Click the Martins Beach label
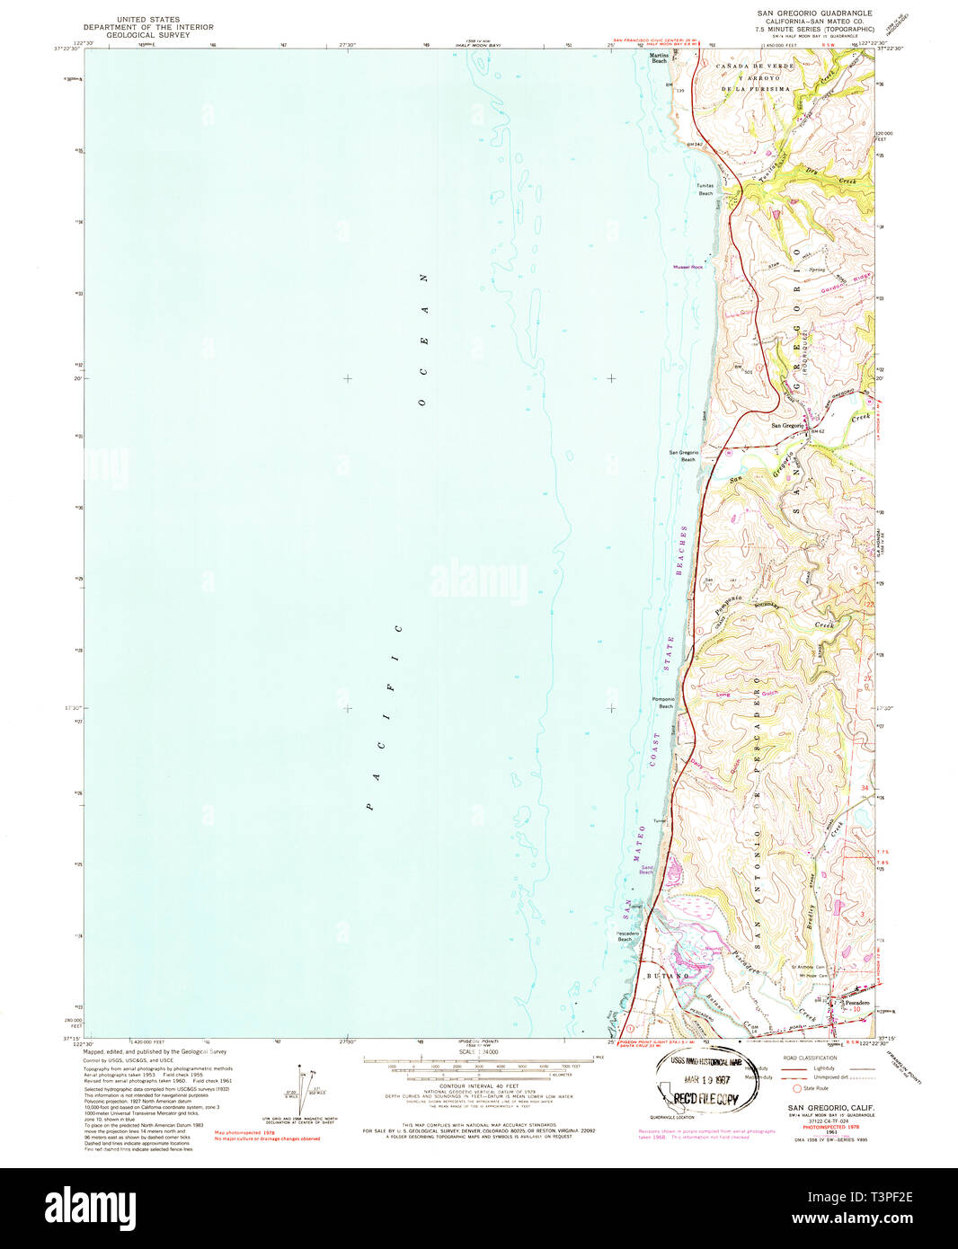(659, 58)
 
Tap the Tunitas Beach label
(705, 190)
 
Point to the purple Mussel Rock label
(688, 267)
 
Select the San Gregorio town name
(787, 425)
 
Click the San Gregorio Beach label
(683, 456)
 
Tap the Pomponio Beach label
(663, 703)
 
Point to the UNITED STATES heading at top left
(145, 19)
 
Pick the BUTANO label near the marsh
(667, 975)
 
